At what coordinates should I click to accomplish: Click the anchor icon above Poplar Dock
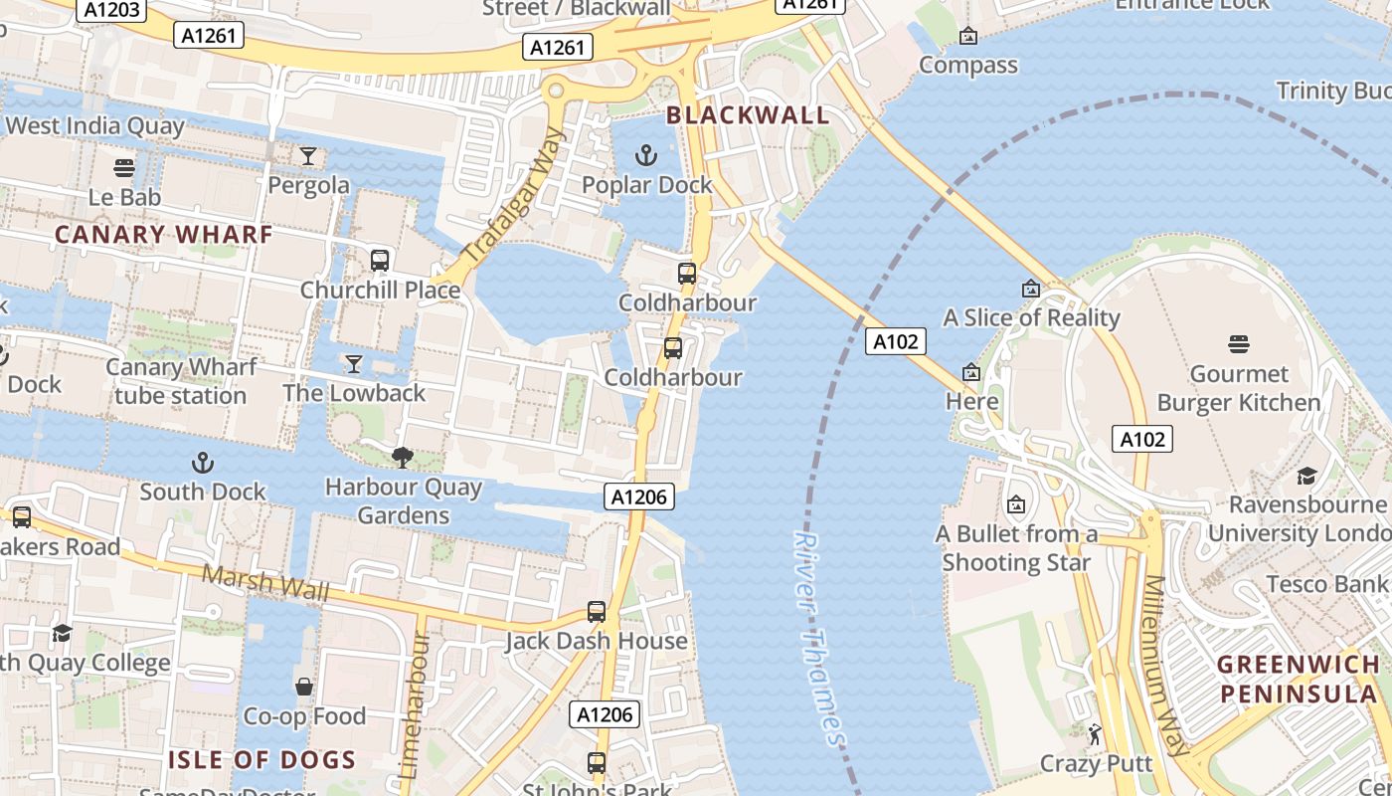[x=646, y=155]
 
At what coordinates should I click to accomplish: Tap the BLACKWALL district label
[x=748, y=115]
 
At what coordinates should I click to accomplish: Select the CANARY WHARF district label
[x=163, y=235]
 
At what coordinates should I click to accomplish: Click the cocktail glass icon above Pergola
[x=308, y=156]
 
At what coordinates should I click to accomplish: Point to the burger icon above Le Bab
[x=124, y=168]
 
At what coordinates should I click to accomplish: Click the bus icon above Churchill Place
[x=379, y=261]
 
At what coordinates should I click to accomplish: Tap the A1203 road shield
[x=108, y=10]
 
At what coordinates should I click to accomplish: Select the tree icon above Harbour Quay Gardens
[x=403, y=458]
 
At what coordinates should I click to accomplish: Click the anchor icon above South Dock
[x=203, y=463]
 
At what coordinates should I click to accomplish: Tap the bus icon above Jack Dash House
[x=597, y=612]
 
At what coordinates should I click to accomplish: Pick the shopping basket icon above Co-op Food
[x=304, y=687]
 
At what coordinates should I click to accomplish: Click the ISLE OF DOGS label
[x=261, y=760]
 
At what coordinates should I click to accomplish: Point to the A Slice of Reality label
[x=1031, y=317]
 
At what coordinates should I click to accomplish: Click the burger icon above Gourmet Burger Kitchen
[x=1239, y=344]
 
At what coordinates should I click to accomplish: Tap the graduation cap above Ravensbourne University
[x=1306, y=476]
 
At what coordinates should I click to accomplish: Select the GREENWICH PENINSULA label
[x=1299, y=679]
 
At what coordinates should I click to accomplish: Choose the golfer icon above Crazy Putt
[x=1095, y=734]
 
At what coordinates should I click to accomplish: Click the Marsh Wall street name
[x=265, y=584]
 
